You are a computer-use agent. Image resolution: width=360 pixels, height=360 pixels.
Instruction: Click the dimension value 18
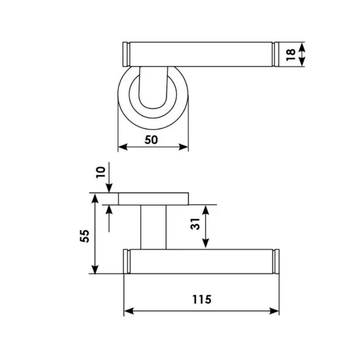[x=291, y=55]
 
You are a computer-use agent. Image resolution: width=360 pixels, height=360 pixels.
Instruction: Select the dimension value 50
[x=151, y=140]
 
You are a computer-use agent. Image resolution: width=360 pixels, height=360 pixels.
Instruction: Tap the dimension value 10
[x=101, y=172]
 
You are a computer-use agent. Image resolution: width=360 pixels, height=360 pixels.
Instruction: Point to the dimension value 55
[x=84, y=236]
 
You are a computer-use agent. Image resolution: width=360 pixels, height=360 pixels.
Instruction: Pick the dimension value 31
[x=196, y=224]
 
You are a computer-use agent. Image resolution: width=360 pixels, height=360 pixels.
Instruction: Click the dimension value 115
[x=202, y=300]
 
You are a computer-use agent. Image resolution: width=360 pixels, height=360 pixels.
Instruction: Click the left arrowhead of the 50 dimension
[x=123, y=147]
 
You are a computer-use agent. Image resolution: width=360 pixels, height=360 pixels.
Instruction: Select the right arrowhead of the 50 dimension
[x=184, y=147]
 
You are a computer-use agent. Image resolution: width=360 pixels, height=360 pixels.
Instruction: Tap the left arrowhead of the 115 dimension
[x=129, y=311]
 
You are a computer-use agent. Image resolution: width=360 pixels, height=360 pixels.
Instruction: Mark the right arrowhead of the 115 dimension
[x=274, y=311]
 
